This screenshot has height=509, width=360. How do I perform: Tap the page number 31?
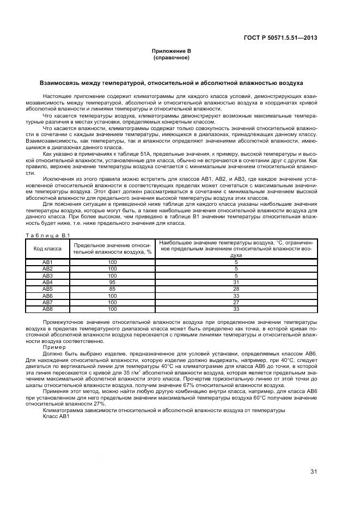click(x=314, y=471)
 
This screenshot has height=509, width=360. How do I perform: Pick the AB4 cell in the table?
click(x=47, y=283)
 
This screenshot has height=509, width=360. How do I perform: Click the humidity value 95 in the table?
click(x=112, y=283)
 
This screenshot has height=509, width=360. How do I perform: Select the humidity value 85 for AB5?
click(x=112, y=289)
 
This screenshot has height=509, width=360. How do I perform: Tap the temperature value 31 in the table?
click(x=236, y=283)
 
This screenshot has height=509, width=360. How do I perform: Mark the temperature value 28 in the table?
click(x=236, y=289)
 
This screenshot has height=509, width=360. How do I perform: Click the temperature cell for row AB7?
click(x=236, y=302)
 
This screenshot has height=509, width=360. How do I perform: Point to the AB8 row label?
click(x=47, y=309)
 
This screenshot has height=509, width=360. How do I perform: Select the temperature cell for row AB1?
click(x=236, y=262)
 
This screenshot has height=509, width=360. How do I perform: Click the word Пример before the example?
click(x=54, y=347)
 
